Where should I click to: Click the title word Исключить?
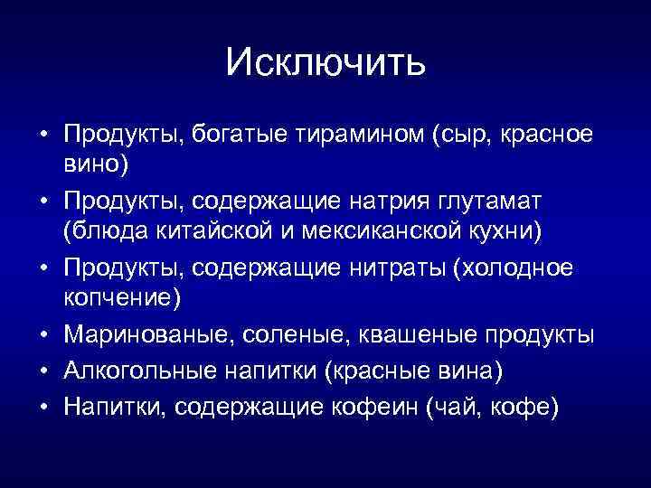coord(325,62)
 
